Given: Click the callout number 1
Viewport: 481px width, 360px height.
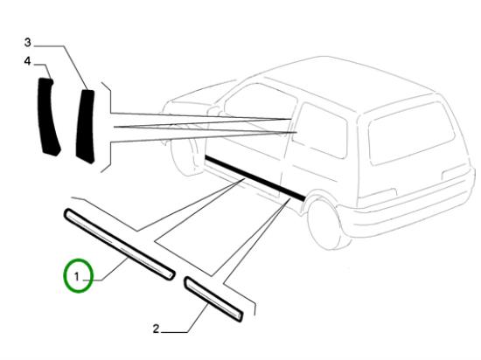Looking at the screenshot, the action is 77,277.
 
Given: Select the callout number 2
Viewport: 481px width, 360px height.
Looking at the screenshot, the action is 157,329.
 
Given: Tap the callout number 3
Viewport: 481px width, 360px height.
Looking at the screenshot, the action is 28,42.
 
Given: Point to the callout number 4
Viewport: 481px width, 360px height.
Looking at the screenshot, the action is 28,61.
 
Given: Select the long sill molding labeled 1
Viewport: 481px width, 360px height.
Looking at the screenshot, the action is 120,244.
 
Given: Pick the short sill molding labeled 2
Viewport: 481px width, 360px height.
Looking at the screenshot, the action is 213,300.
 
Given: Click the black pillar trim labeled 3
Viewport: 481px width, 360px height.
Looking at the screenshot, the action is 86,126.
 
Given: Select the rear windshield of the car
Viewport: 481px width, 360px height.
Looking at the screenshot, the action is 411,134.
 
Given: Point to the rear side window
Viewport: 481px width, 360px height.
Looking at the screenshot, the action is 321,130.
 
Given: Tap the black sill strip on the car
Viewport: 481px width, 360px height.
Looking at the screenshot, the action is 254,177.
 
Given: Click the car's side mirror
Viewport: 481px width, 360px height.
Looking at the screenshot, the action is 213,111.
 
